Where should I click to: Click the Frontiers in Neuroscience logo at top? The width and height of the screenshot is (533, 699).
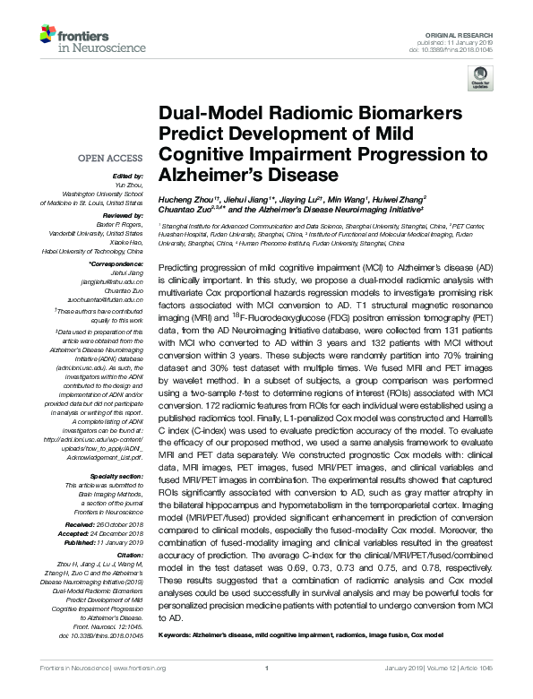click(x=71, y=37)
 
